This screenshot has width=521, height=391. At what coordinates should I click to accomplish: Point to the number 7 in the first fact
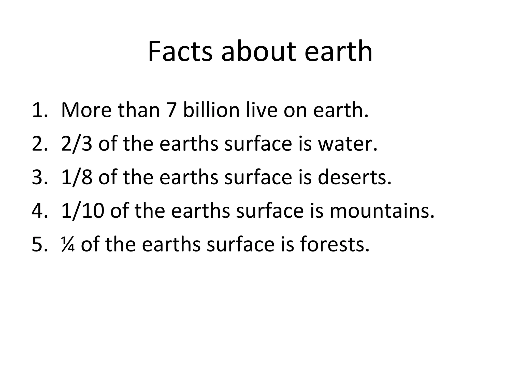(x=171, y=110)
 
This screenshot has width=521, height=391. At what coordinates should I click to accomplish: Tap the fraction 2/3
(x=77, y=144)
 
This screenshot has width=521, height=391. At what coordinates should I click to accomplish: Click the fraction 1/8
(x=77, y=177)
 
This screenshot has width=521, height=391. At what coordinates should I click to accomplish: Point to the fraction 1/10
(x=83, y=211)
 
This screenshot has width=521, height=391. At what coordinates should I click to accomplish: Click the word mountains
(x=382, y=211)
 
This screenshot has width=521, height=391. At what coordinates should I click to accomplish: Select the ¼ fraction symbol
(x=68, y=245)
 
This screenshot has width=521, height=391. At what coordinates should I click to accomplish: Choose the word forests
(x=335, y=245)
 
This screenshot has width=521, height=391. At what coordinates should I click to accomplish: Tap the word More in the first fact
(x=86, y=110)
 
